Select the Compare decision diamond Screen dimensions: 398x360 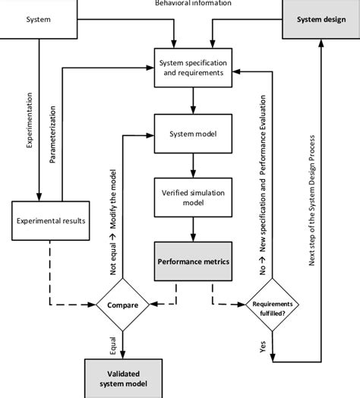point(122,306)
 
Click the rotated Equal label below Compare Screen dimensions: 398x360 point(112,342)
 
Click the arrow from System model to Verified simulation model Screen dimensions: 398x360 point(194,165)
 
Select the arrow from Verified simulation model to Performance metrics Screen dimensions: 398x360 point(194,230)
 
